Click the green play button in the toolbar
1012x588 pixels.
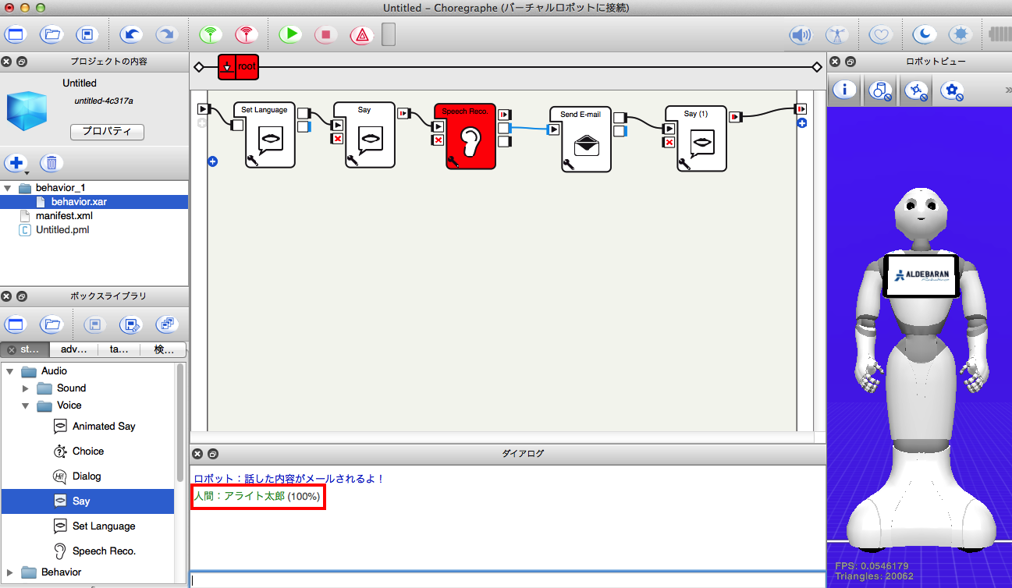tap(290, 34)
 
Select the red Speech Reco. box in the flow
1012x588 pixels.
tap(470, 136)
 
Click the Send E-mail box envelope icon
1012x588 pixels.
tap(587, 145)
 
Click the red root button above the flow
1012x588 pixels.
tap(238, 67)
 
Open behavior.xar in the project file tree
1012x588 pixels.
tap(79, 201)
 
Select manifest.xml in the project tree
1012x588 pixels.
tap(64, 216)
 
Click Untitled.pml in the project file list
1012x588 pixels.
tap(62, 230)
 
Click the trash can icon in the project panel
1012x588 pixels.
tap(51, 163)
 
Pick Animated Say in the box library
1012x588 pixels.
tap(104, 427)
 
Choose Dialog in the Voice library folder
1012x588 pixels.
tap(87, 476)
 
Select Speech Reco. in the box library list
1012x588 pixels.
tap(104, 551)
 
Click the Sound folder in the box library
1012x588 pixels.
tap(71, 388)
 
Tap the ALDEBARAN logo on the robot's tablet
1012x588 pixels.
tap(921, 275)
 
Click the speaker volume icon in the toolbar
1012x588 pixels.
tap(800, 34)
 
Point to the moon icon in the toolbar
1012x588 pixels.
tap(924, 34)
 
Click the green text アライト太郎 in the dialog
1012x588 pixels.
tap(254, 496)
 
